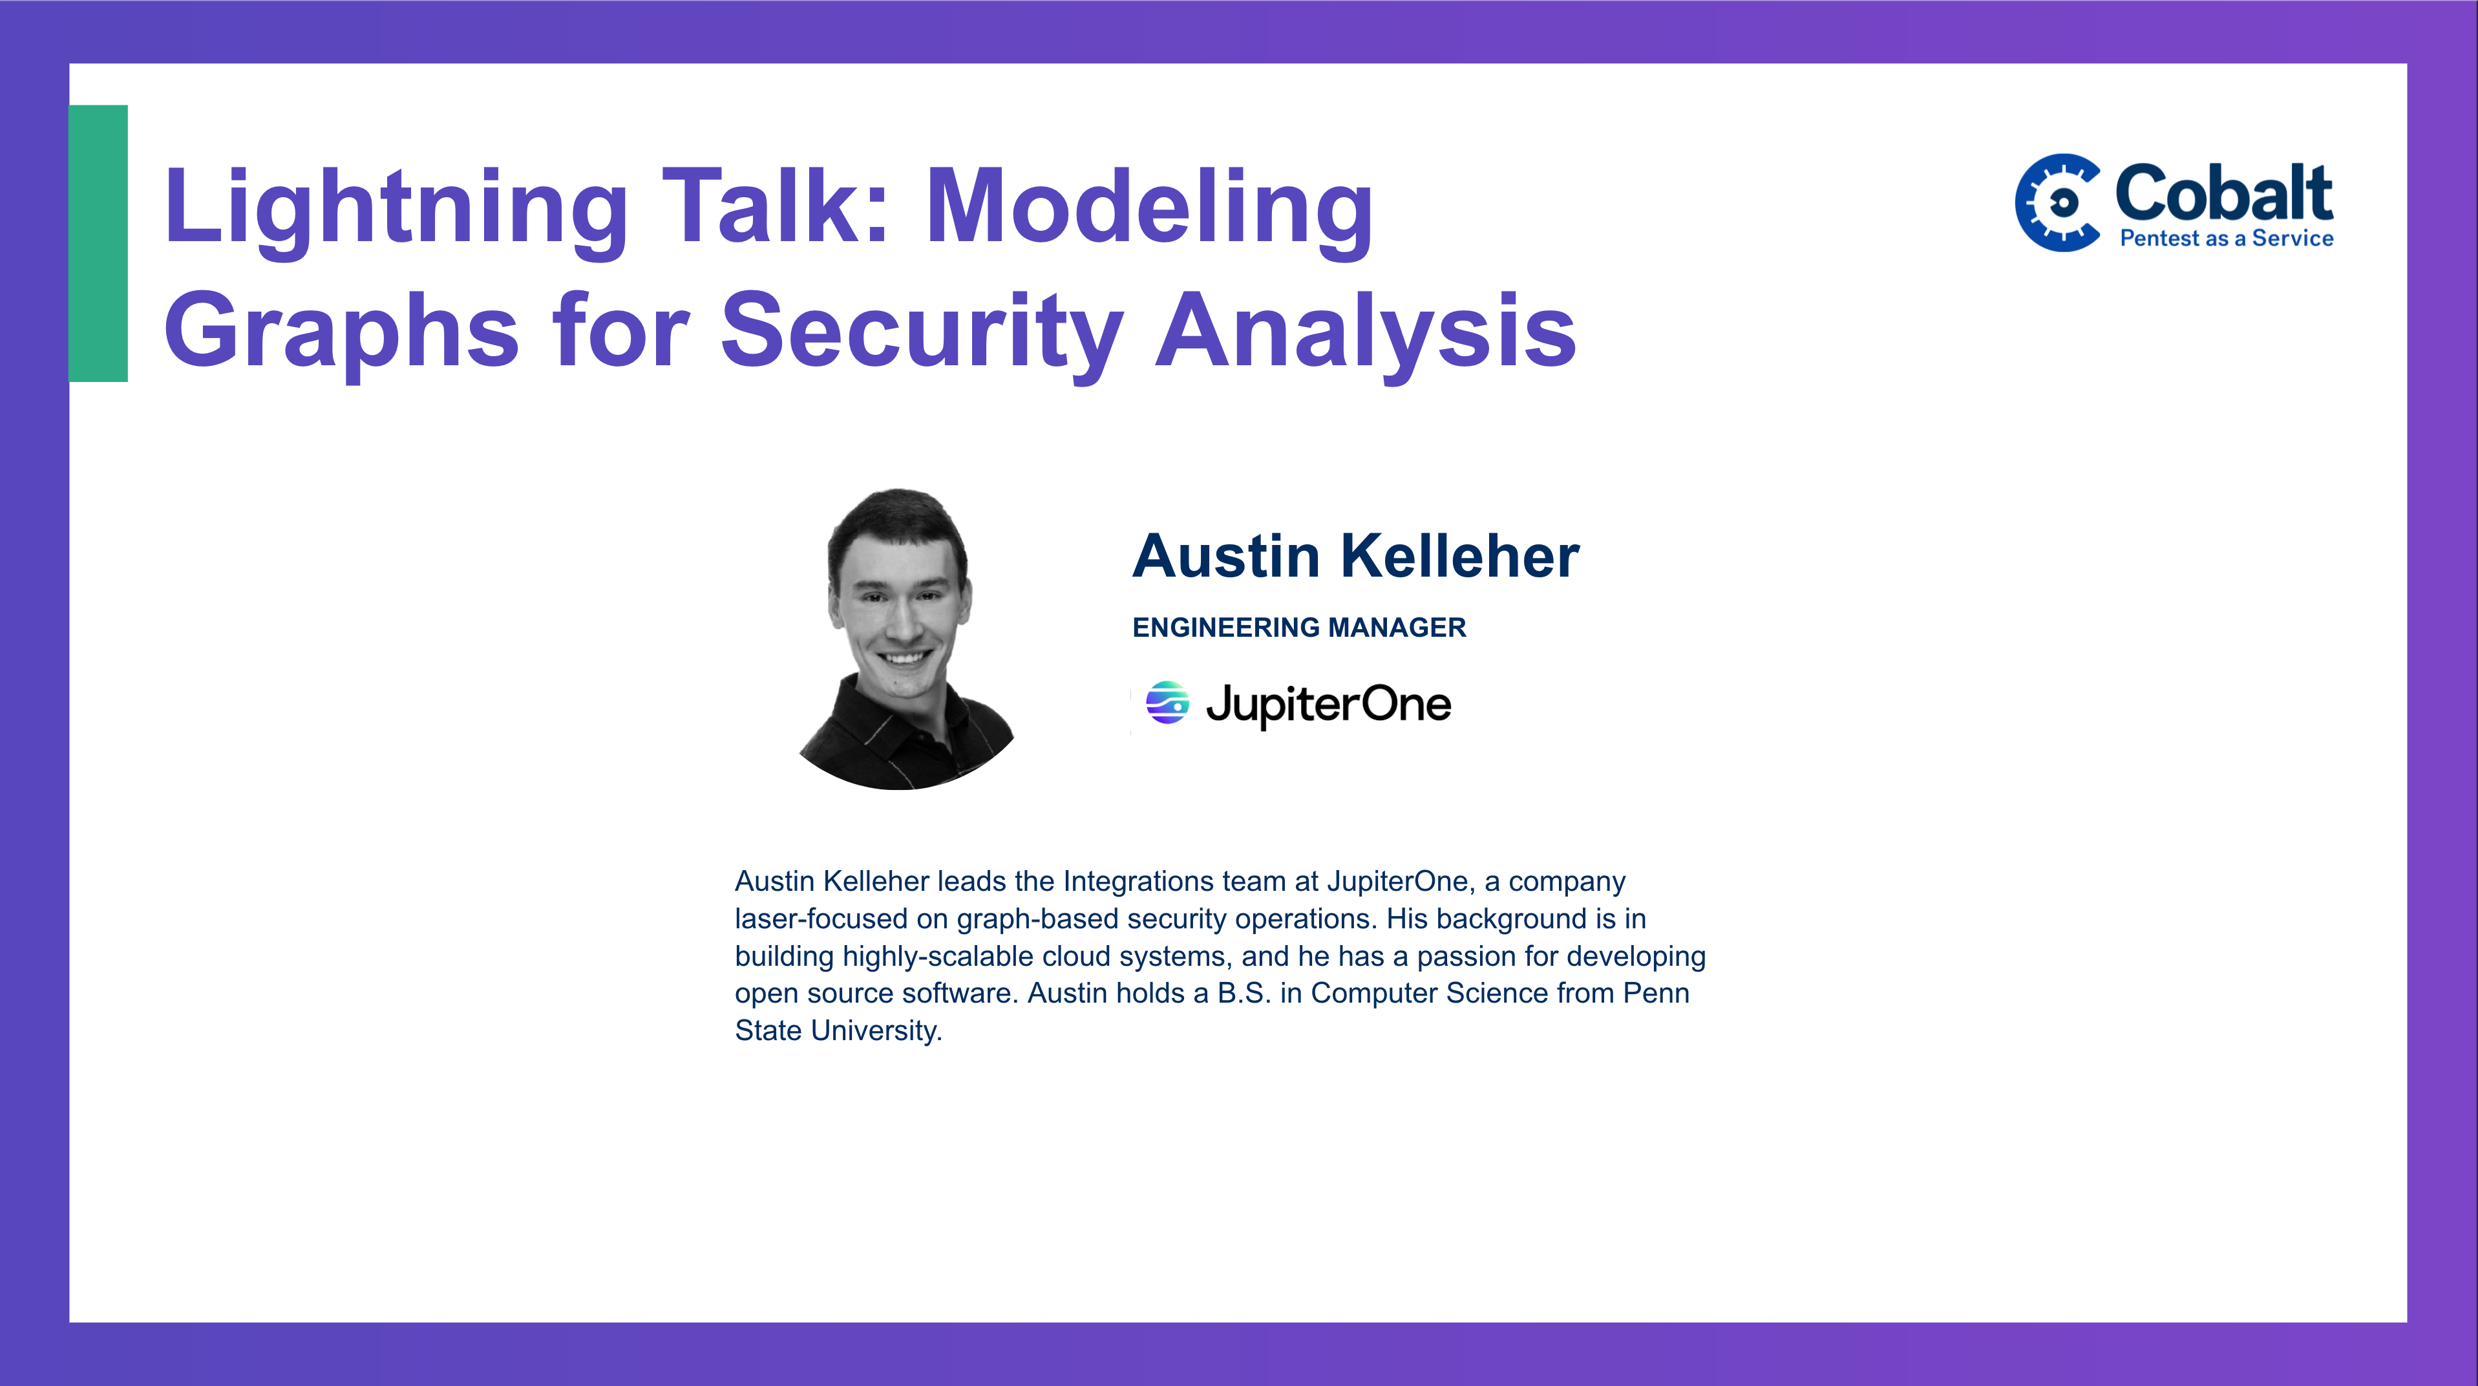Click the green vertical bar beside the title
coord(98,243)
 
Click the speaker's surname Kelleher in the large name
coord(1460,556)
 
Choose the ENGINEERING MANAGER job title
coord(1298,627)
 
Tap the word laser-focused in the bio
coord(821,919)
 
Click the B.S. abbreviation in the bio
coord(1244,992)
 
